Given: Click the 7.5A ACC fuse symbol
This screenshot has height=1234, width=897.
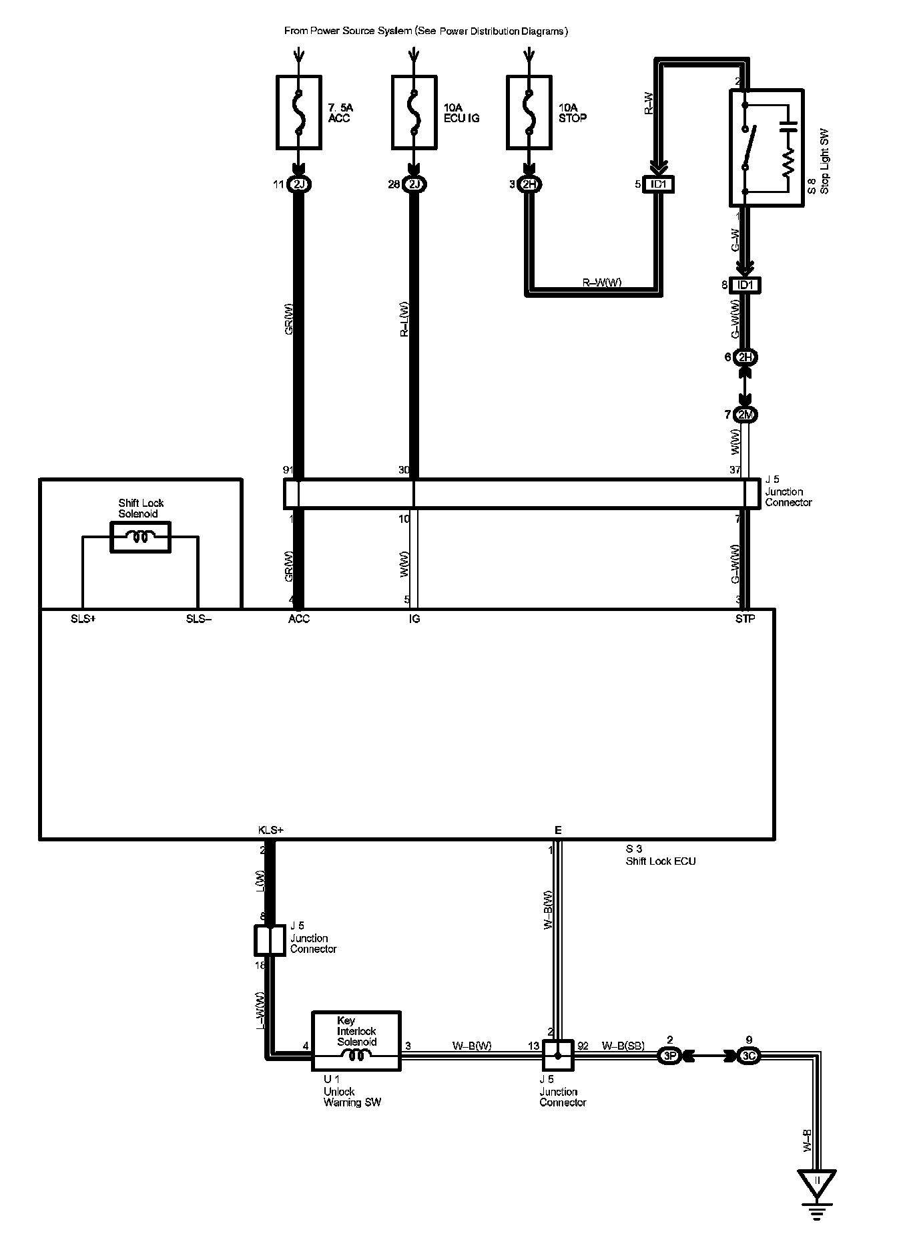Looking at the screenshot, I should pos(299,112).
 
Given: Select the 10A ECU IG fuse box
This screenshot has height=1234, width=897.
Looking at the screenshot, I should pos(414,112).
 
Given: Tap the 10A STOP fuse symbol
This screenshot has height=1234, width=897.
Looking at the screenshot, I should pos(529,112).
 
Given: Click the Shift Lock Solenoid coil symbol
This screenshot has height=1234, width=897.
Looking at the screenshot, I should pos(140,537).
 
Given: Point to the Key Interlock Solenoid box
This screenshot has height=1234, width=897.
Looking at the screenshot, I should pos(356,1041).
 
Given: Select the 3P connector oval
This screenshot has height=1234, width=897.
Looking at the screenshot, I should pos(669,1056).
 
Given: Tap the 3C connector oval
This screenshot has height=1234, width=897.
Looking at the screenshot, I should pos(749,1056).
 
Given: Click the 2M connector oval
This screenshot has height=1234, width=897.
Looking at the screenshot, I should pos(745,415).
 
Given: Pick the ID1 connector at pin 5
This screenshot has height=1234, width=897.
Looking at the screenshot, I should pos(657,184).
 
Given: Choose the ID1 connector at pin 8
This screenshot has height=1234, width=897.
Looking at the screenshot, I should pos(745,285).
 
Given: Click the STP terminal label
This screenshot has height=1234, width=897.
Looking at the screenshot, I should pos(745,619).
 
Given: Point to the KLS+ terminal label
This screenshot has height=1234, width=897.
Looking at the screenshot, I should pos(271,830).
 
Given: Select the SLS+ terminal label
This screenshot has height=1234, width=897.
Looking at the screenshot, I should pos(83,619).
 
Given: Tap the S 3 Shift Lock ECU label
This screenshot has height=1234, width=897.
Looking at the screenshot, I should pos(660,855).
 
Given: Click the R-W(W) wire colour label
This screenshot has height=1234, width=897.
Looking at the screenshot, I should pos(602,282).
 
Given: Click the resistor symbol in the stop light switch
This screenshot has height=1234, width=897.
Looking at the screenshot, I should pos(788,162).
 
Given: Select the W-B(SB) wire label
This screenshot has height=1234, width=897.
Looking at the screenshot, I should pos(623,1046).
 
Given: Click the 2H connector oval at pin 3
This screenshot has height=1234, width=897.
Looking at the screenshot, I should pos(529,184).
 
